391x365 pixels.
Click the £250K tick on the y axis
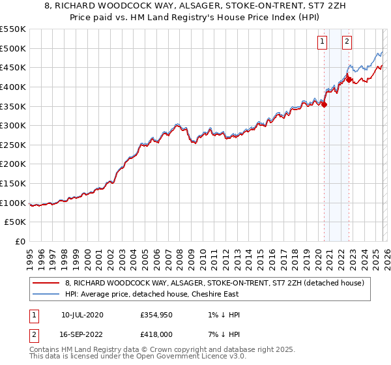point(13,145)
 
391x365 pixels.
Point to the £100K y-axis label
point(13,203)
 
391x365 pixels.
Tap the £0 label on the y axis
point(20,242)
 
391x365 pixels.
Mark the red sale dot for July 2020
point(324,104)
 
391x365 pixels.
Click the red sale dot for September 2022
point(349,80)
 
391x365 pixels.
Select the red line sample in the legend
point(47,282)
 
